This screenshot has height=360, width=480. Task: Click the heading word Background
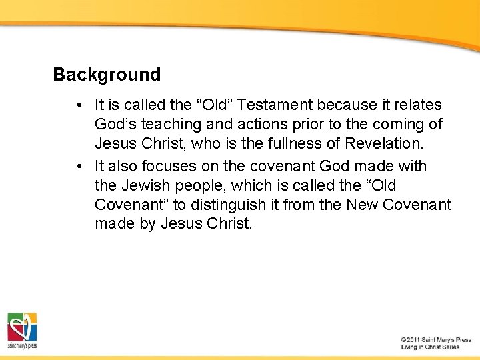tap(107, 75)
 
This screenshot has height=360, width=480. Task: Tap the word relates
tap(418, 105)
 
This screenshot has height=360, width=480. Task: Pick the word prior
tap(303, 125)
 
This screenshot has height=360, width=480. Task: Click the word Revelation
tap(385, 144)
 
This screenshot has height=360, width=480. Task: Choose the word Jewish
tap(143, 185)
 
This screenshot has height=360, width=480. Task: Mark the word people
tap(198, 185)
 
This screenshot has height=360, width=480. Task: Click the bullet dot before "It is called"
tap(79, 105)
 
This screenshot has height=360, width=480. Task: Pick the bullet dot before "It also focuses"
tap(79, 166)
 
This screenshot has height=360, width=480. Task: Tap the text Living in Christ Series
tap(430, 347)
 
